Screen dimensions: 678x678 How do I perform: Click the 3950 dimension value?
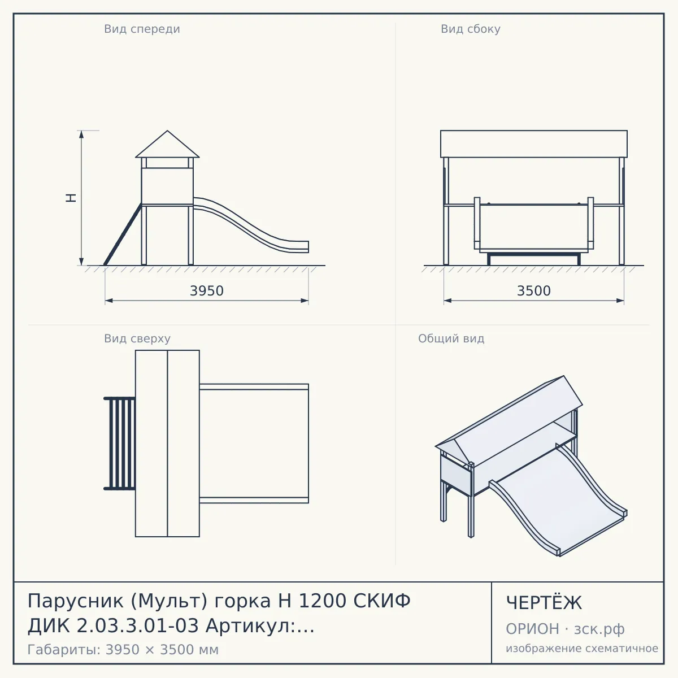tap(207, 291)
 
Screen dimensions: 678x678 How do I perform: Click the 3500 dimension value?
tap(533, 291)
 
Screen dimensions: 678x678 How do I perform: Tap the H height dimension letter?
tap(71, 198)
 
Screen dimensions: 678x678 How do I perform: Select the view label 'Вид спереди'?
tap(142, 29)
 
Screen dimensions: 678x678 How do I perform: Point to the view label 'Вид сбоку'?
tap(471, 29)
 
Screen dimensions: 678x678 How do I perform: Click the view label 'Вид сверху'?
tap(137, 338)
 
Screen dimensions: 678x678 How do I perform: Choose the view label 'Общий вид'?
tap(451, 338)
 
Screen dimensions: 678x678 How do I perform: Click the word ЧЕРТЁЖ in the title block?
tap(544, 602)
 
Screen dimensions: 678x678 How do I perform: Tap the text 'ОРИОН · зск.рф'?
tap(565, 629)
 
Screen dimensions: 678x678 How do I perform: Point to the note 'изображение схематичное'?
tap(582, 648)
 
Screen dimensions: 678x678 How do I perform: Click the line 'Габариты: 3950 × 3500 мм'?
tap(123, 650)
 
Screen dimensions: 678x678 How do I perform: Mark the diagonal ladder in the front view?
tap(123, 234)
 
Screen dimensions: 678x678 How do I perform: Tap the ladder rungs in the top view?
tap(120, 444)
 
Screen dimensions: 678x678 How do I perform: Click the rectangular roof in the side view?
tap(534, 144)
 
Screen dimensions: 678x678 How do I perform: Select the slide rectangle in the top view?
tap(254, 444)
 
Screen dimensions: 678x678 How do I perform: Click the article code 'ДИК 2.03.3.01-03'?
tap(114, 626)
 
